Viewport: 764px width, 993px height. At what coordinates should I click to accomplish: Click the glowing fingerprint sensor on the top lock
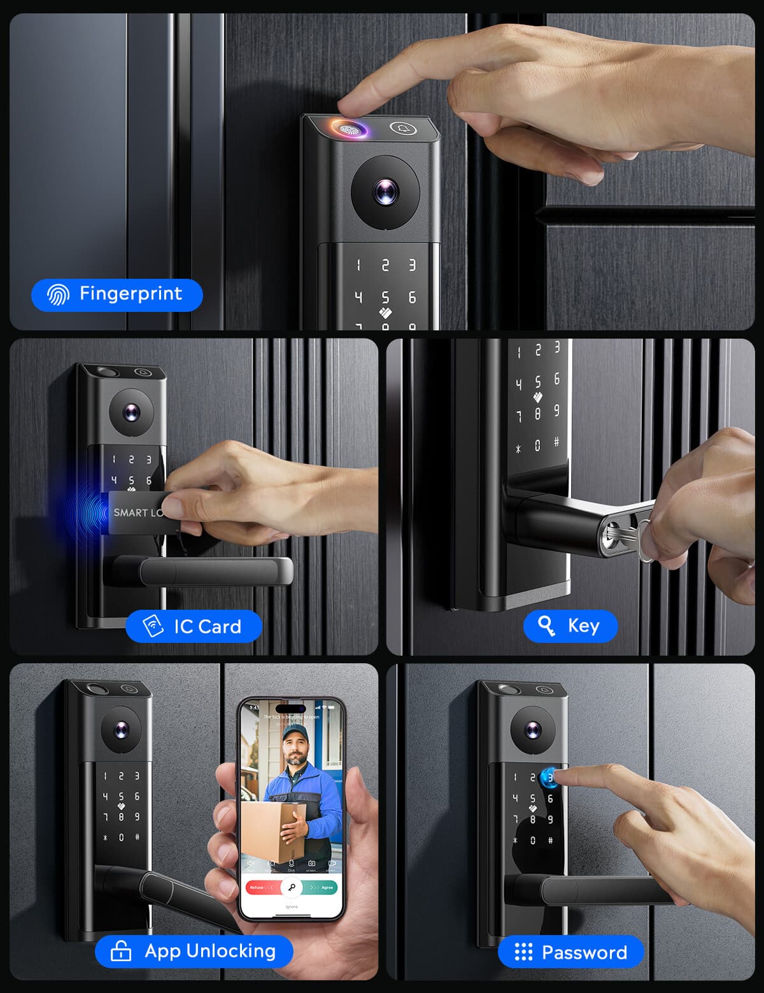(350, 129)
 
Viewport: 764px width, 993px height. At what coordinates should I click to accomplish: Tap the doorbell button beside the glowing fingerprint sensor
(403, 129)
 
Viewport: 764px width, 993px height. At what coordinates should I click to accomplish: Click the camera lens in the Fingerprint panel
(385, 191)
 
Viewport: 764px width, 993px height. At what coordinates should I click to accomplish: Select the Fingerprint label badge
(117, 294)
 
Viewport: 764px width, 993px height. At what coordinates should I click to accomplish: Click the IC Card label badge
(194, 626)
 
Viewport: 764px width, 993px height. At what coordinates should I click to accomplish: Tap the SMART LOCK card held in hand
(137, 512)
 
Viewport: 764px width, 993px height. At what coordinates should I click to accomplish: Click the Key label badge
(570, 626)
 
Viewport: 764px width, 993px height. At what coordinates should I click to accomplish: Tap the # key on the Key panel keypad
(556, 441)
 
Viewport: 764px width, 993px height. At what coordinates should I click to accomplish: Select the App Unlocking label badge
(194, 951)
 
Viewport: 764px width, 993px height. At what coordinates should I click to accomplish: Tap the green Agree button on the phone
(323, 887)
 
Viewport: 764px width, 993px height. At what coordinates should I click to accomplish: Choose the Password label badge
(571, 952)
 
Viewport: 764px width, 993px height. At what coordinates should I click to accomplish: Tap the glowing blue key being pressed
(548, 777)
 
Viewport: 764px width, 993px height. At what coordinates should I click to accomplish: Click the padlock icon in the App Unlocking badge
(121, 951)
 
